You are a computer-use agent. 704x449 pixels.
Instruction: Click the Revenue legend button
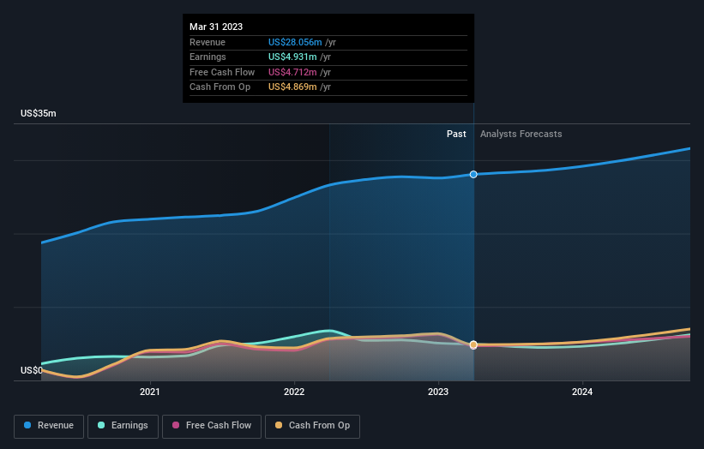49,426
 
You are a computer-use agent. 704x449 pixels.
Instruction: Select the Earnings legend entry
123,426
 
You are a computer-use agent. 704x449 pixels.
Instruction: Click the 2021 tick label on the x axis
150,392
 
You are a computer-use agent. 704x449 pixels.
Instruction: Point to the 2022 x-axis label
294,392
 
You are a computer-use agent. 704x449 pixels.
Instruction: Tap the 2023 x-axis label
438,392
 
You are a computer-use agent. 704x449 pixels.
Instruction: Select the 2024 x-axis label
582,392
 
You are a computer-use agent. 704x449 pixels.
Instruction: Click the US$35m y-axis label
39,113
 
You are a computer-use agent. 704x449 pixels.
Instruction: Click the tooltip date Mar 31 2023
216,27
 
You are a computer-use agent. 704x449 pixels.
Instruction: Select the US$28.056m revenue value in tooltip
295,42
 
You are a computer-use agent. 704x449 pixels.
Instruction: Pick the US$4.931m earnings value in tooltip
292,57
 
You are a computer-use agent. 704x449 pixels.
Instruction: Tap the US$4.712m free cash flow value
292,72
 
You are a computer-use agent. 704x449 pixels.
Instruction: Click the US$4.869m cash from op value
292,87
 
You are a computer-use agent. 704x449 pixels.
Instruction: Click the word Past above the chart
456,134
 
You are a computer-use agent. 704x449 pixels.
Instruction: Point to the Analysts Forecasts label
521,134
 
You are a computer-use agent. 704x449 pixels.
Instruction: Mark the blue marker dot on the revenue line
473,174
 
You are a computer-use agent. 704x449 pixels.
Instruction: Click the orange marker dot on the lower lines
473,344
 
